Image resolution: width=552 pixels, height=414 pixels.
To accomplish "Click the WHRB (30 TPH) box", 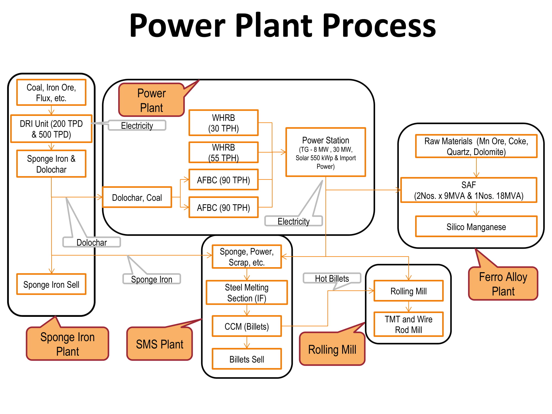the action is pyautogui.click(x=223, y=123).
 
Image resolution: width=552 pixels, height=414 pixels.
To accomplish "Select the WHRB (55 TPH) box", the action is pyautogui.click(x=223, y=152).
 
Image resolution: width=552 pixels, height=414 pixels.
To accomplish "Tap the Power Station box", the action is pyautogui.click(x=326, y=152).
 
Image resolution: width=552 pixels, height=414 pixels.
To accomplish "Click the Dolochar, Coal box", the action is pyautogui.click(x=137, y=197).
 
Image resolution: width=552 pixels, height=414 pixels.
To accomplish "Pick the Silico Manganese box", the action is pyautogui.click(x=476, y=227).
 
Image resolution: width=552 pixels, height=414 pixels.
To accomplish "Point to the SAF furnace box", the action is pyautogui.click(x=469, y=190).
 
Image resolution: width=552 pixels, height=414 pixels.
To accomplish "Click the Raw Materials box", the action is pyautogui.click(x=476, y=146).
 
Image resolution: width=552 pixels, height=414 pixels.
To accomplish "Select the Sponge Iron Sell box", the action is pyautogui.click(x=51, y=284).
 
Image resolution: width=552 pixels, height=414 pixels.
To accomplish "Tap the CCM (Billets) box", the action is pyautogui.click(x=247, y=326).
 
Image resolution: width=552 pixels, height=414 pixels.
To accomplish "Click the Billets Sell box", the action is pyautogui.click(x=247, y=359).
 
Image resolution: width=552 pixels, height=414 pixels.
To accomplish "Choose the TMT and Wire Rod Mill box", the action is pyautogui.click(x=408, y=324).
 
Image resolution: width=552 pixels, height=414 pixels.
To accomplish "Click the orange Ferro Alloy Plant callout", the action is pyautogui.click(x=503, y=284).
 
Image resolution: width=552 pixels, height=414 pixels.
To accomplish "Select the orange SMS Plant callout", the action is pyautogui.click(x=160, y=344).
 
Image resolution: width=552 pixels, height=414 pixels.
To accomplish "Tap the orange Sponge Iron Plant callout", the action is pyautogui.click(x=68, y=344).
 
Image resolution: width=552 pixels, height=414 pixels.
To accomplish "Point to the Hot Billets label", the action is pyautogui.click(x=332, y=278).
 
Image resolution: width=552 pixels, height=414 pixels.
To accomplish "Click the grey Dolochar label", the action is pyautogui.click(x=92, y=242).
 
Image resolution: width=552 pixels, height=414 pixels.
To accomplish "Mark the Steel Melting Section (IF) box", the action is pyautogui.click(x=247, y=293).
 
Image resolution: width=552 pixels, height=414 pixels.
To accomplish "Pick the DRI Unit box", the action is pyautogui.click(x=51, y=129).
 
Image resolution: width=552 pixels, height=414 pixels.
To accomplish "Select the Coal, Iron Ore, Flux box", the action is pyautogui.click(x=51, y=92).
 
